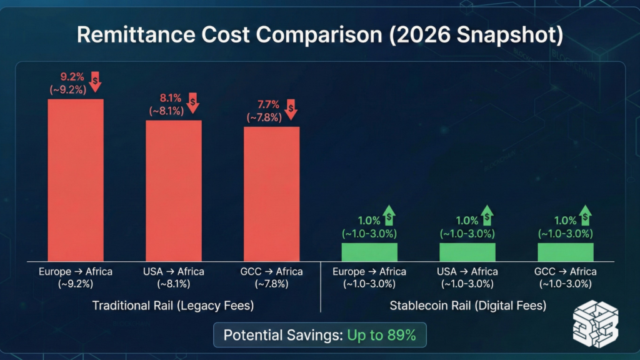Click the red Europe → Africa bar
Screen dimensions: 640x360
[76, 180]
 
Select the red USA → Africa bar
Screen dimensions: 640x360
[174, 191]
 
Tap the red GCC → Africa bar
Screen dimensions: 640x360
[271, 194]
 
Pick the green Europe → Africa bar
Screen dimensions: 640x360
[369, 252]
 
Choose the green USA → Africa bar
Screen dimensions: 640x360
[467, 252]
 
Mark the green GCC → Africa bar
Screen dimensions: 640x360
[565, 252]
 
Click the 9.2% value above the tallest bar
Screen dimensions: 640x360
[72, 77]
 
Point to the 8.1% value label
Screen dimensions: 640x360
[170, 98]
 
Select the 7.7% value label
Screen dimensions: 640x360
[268, 104]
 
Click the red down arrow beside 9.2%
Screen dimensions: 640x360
[95, 82]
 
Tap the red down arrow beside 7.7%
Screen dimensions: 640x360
[291, 109]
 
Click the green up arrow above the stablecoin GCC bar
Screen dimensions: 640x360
[585, 216]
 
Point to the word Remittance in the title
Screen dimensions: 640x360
[136, 34]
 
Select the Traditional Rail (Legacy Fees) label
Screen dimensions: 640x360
[173, 305]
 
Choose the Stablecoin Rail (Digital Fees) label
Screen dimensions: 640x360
[467, 305]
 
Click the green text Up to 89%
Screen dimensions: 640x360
[381, 335]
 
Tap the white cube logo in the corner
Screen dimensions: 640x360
[596, 324]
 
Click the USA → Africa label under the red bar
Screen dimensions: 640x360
[174, 271]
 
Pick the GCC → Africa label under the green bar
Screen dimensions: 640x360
[565, 271]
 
